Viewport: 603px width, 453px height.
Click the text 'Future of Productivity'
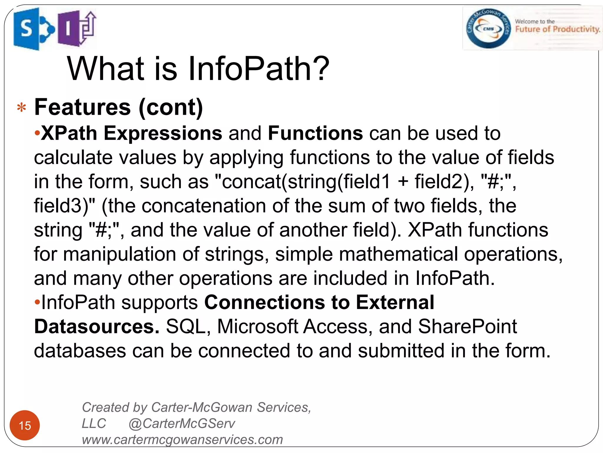[x=557, y=29]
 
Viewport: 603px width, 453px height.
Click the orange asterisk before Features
[x=21, y=108]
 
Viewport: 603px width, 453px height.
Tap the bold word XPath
[x=69, y=133]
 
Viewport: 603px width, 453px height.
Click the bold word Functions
[x=315, y=133]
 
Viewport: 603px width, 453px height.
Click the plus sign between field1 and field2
[x=403, y=181]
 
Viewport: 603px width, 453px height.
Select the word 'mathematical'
[x=398, y=254]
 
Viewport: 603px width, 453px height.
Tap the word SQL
[x=186, y=326]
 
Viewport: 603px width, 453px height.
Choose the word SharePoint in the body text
[x=468, y=326]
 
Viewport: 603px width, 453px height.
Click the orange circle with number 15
[x=25, y=425]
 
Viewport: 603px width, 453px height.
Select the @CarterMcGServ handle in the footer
[x=182, y=424]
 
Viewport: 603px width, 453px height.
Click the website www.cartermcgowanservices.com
[x=182, y=440]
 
